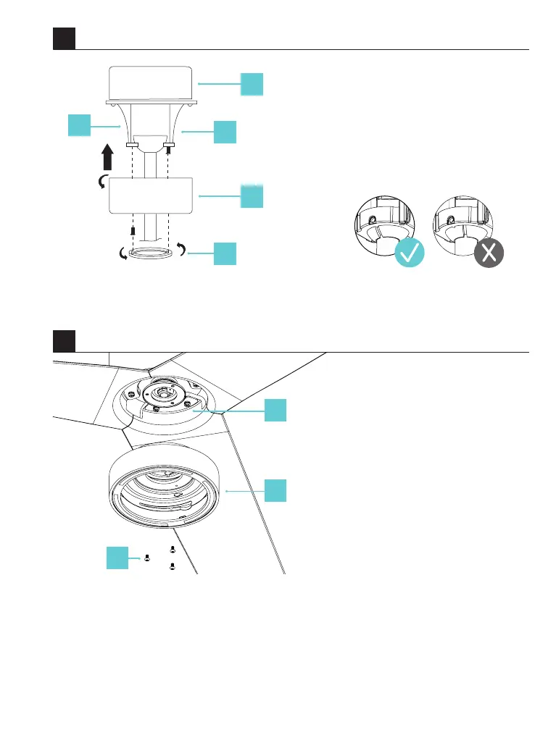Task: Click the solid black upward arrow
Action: [107, 156]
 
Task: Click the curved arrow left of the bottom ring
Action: [123, 253]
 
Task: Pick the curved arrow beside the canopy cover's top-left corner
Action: [103, 181]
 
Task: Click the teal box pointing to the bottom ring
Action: [225, 254]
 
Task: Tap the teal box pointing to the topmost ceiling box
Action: [252, 84]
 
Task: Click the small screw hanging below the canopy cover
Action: [133, 230]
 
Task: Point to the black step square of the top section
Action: [64, 38]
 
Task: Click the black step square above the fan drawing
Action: [64, 340]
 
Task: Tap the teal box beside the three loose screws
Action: [118, 558]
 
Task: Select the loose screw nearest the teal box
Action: [146, 558]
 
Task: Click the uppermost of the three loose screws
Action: [172, 550]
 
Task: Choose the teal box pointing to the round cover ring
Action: [275, 490]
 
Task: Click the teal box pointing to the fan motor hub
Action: [275, 410]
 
